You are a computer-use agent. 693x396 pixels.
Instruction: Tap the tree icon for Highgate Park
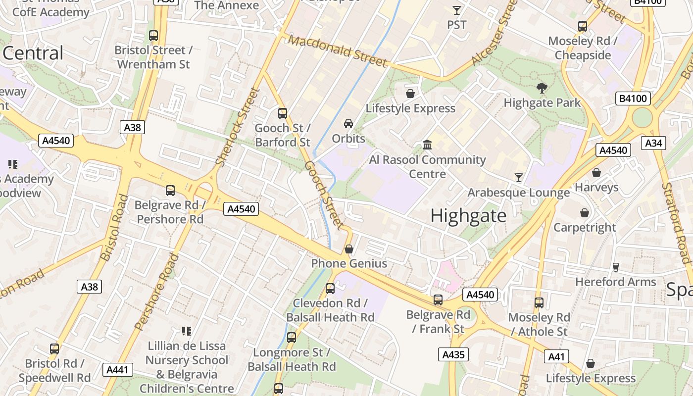[542, 88]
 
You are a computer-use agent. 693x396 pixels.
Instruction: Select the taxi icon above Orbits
[348, 123]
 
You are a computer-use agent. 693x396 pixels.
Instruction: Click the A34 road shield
[653, 143]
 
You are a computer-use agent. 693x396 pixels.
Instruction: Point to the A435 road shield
[453, 354]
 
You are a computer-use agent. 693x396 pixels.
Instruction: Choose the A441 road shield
[118, 369]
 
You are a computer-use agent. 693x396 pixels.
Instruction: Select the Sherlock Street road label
[238, 127]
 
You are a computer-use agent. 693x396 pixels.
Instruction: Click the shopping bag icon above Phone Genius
[349, 248]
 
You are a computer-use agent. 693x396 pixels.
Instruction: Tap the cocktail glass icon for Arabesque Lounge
[518, 177]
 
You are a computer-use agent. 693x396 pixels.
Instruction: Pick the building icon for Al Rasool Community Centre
[427, 145]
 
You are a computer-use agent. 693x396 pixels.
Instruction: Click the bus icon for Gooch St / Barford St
[282, 113]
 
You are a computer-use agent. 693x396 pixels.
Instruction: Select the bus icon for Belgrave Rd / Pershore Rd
[170, 190]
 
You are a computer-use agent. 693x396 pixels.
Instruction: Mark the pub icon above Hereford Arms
[615, 267]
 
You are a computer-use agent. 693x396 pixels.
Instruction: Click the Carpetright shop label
[585, 228]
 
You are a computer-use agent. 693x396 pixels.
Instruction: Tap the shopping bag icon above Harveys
[596, 173]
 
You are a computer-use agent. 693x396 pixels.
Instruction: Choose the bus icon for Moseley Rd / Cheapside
[583, 26]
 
